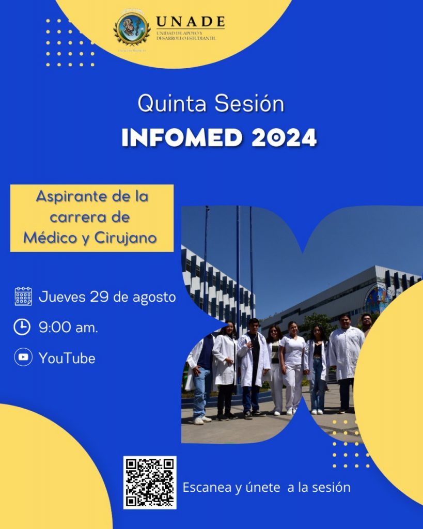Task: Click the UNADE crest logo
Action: [132, 29]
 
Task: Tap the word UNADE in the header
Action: [190, 22]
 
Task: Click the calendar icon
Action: [23, 297]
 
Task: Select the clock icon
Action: [22, 327]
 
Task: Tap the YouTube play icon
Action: [23, 357]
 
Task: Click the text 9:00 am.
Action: [68, 328]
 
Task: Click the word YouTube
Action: [67, 358]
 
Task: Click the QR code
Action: [150, 482]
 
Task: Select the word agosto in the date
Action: [154, 298]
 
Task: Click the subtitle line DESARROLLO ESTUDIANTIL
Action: [186, 38]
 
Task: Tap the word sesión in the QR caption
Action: [333, 487]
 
